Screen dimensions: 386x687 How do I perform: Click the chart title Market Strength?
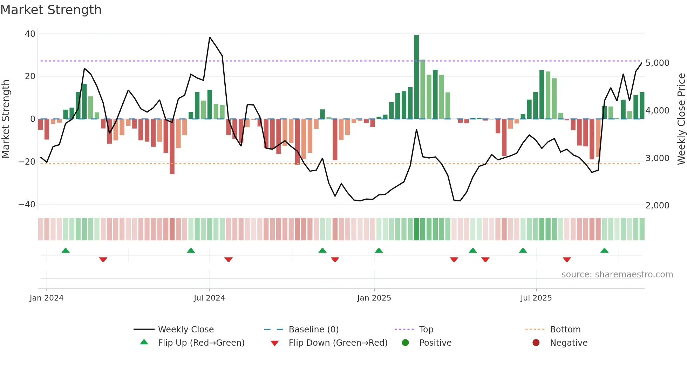tap(51, 10)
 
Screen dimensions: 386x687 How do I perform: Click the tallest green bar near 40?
tap(416, 77)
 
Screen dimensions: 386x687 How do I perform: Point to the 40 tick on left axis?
tap(30, 34)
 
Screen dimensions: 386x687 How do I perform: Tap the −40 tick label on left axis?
tap(27, 205)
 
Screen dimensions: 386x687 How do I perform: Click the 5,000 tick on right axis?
tap(658, 63)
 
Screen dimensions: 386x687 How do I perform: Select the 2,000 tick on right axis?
tap(658, 206)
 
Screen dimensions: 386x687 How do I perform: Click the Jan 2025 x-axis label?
tap(374, 298)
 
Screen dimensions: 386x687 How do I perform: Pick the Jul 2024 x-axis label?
tap(209, 298)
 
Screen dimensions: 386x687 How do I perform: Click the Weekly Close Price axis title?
tap(681, 119)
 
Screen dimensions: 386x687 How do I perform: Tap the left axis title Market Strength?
tap(6, 119)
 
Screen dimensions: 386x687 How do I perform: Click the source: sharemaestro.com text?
tap(617, 275)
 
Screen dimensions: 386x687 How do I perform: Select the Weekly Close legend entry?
tap(186, 330)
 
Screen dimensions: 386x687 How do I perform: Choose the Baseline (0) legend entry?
tap(313, 330)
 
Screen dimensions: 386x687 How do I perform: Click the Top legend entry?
tap(426, 330)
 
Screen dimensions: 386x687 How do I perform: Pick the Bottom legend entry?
tap(565, 330)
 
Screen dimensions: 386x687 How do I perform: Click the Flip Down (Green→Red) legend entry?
tap(338, 343)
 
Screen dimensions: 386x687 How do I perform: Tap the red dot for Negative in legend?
tap(536, 343)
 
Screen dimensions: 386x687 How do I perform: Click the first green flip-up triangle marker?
tap(66, 250)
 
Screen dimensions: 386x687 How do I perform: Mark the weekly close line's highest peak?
tap(210, 37)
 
